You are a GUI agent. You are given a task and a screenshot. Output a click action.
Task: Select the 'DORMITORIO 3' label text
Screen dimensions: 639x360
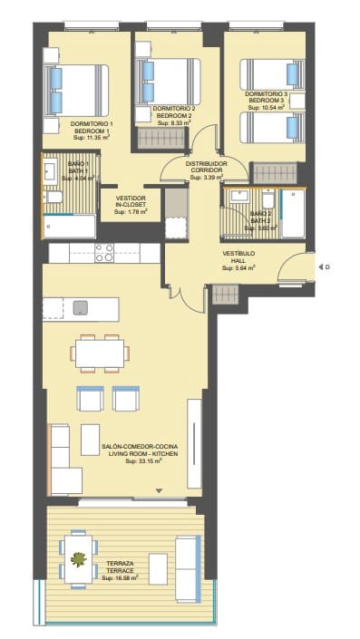point(266,94)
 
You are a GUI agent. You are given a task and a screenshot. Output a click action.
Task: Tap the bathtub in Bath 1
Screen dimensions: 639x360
point(70,226)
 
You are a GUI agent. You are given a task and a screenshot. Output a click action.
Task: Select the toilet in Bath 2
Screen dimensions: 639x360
point(268,201)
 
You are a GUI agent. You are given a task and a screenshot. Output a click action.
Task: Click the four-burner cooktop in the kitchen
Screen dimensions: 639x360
point(103,253)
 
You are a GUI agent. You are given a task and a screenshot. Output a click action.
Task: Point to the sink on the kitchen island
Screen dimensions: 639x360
point(81,306)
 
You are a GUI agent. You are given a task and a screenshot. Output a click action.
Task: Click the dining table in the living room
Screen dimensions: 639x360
point(99,352)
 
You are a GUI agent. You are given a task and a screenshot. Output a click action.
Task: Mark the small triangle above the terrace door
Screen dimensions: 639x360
point(160,490)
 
